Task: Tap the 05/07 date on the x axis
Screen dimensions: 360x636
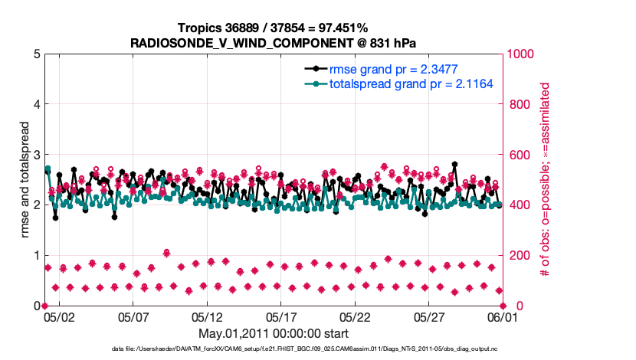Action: pos(133,316)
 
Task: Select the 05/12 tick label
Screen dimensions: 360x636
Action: pos(207,316)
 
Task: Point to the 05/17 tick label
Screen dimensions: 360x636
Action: pos(281,316)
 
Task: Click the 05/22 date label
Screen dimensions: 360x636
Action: pos(356,316)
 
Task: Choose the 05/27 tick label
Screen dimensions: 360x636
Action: pos(429,316)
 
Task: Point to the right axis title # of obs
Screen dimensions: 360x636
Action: pos(546,180)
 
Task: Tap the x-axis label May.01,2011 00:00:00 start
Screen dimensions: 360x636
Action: pos(274,334)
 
